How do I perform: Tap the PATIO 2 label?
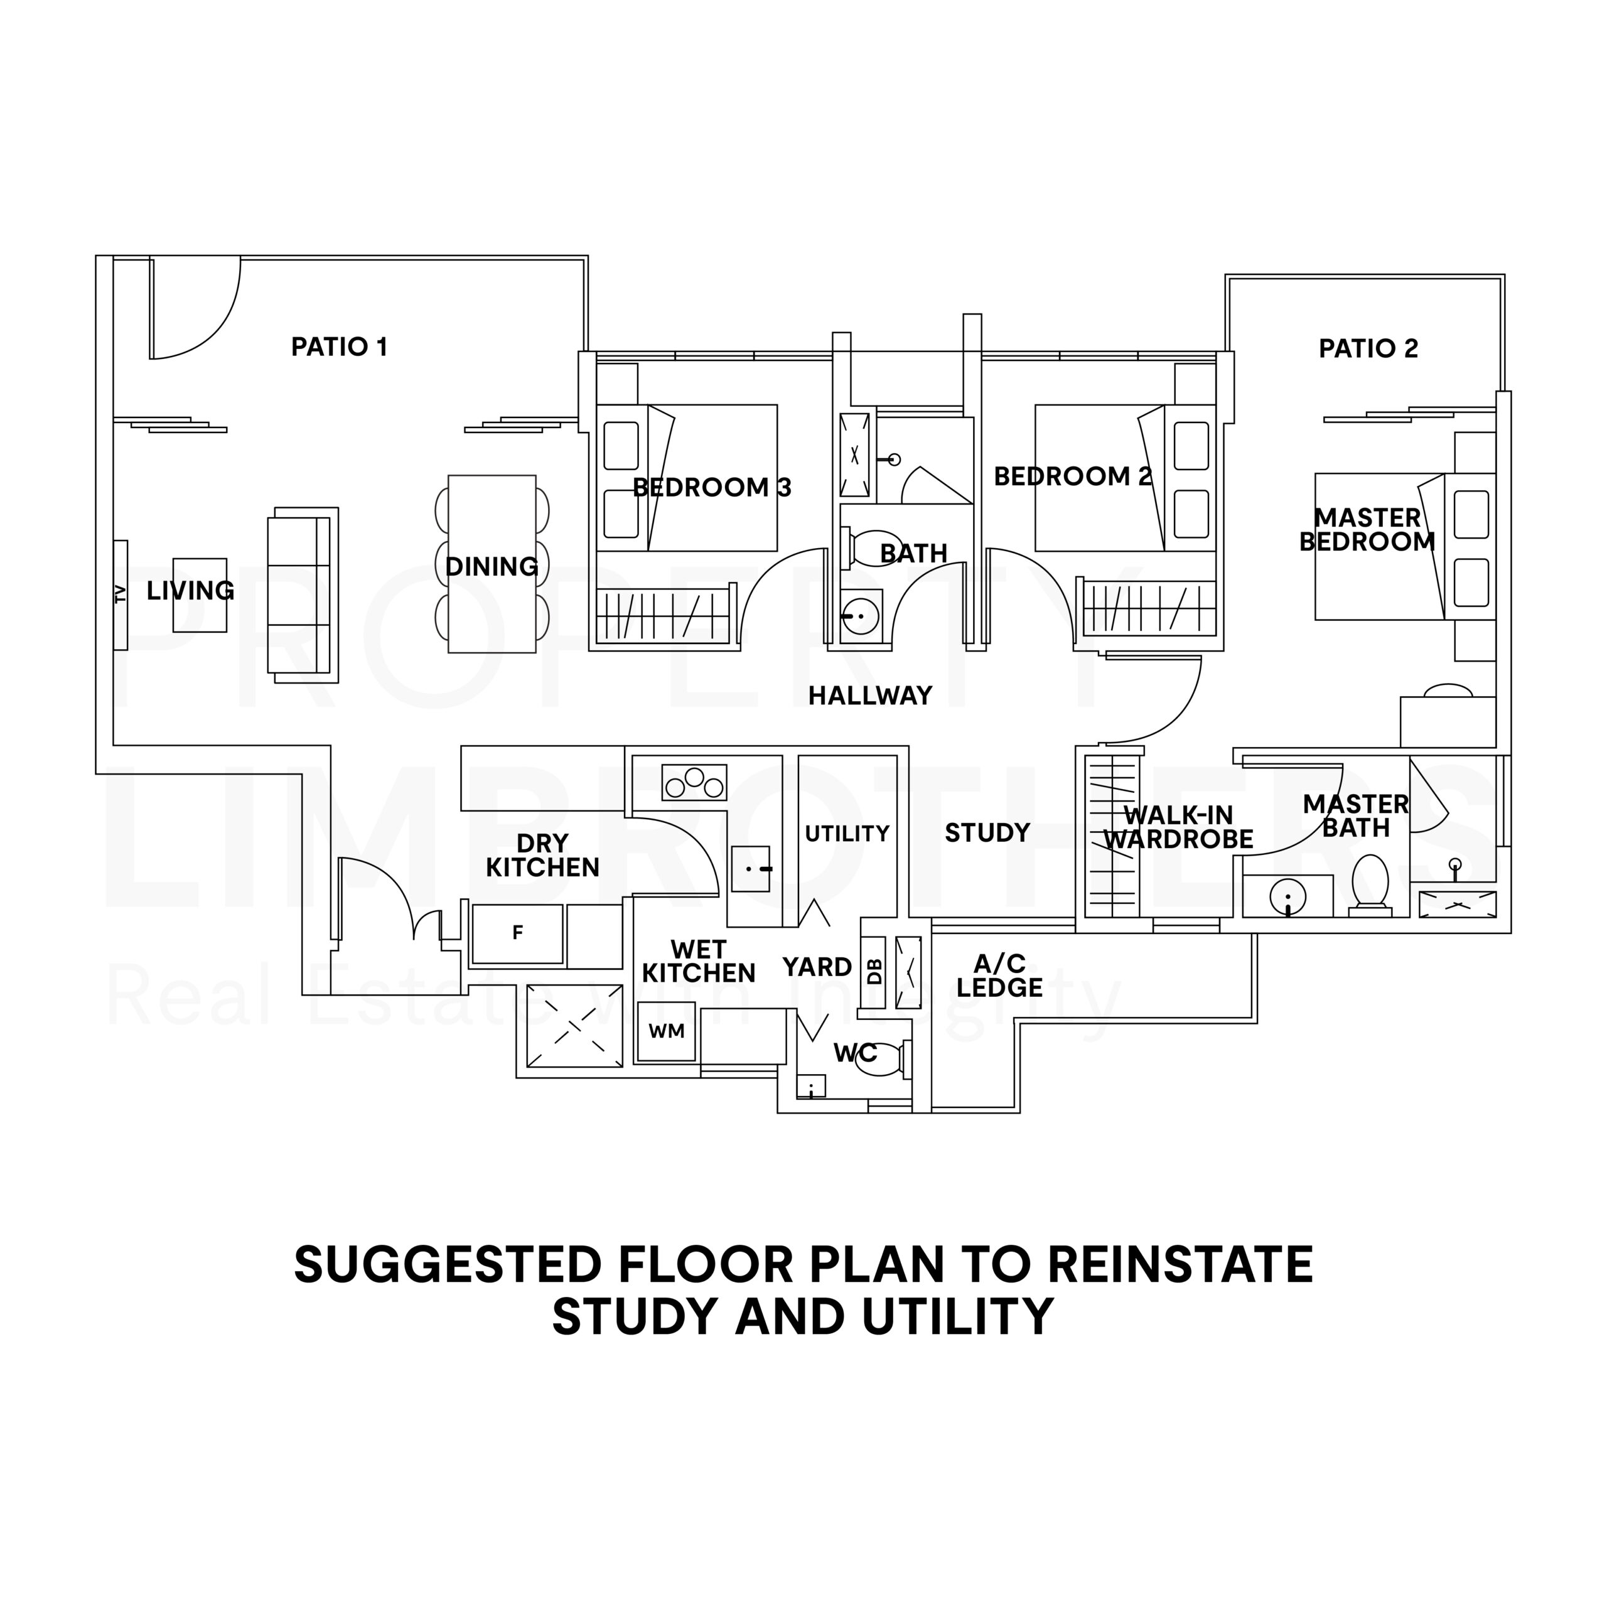point(1368,348)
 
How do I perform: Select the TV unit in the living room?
point(121,594)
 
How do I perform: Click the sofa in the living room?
point(303,594)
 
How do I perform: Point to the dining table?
point(492,564)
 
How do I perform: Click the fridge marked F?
point(517,933)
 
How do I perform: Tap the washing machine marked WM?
point(666,1031)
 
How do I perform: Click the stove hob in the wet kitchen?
point(694,782)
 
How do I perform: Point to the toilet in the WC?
point(883,1059)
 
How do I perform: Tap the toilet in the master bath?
point(1370,885)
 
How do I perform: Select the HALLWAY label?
point(870,696)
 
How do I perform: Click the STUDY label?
point(987,832)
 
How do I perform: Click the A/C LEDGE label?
point(999,975)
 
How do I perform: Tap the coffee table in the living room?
point(200,594)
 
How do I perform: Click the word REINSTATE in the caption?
point(1180,1267)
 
